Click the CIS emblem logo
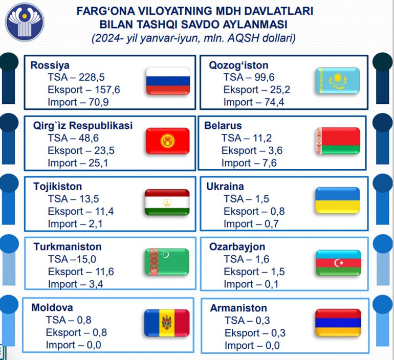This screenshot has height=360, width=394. tap(25, 22)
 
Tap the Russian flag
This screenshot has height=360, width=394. tap(168, 81)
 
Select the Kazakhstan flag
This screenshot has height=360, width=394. tap(338, 81)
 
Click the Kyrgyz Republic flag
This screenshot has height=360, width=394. tap(168, 141)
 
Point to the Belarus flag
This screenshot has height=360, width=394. tap(338, 141)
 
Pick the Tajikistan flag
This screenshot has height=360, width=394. tap(167, 202)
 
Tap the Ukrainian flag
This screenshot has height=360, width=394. tap(338, 200)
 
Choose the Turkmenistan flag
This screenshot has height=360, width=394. tap(167, 262)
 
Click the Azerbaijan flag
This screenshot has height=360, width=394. tap(338, 263)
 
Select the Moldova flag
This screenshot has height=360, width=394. tap(167, 323)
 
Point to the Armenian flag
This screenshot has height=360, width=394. tap(338, 323)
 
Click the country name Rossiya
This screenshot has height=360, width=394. tap(50, 65)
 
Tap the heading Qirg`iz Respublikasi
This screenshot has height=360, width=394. tap(83, 125)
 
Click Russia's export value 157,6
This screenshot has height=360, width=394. tap(107, 89)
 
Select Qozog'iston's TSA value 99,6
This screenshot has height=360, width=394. tap(265, 77)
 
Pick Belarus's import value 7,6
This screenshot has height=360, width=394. tap(270, 163)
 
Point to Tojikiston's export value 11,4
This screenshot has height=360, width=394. tap(104, 211)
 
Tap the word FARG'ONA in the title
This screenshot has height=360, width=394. tap(106, 11)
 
